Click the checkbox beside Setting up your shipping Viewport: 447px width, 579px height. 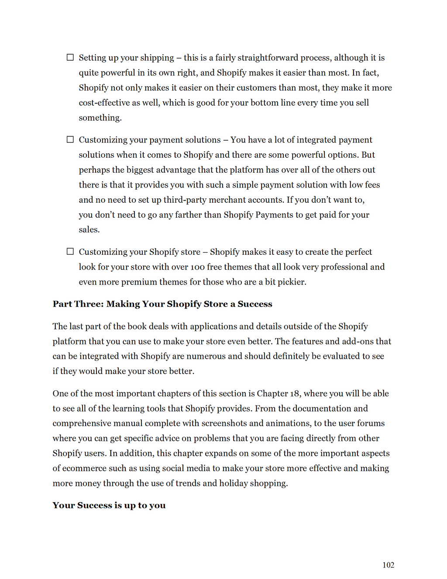(70, 57)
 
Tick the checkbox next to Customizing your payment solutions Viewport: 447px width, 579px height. (70, 139)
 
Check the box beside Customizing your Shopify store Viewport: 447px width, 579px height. (70, 251)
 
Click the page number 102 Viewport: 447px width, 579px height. (388, 565)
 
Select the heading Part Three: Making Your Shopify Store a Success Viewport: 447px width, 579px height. (162, 304)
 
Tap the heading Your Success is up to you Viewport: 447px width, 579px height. (109, 506)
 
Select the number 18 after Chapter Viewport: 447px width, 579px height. (295, 393)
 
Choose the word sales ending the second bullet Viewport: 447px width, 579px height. (89, 230)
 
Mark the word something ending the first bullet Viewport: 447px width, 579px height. (100, 118)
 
